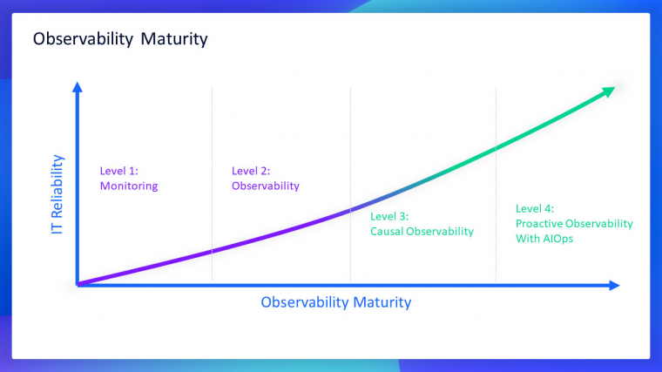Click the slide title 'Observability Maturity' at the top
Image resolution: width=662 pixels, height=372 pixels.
tap(120, 39)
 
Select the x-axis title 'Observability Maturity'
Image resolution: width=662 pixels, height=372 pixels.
tap(336, 302)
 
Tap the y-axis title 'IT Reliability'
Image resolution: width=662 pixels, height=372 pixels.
tap(57, 194)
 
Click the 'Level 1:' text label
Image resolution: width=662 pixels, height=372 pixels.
tap(119, 171)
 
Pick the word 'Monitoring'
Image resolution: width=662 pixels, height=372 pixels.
tap(129, 186)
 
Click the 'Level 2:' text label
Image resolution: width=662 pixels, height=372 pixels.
tap(251, 171)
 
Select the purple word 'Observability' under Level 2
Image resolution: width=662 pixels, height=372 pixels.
tap(266, 186)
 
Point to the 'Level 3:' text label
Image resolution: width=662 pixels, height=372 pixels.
tap(389, 217)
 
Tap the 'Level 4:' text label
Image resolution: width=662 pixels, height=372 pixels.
tap(535, 208)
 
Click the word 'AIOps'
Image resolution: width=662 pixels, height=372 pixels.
tap(558, 239)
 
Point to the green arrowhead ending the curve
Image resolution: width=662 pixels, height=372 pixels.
tap(608, 91)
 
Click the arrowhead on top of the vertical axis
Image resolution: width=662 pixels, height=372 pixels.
tap(78, 87)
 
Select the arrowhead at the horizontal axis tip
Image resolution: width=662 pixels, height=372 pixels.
tap(614, 286)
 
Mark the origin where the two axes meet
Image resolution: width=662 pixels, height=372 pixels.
tap(78, 285)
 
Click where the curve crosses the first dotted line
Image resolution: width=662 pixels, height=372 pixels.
tap(212, 251)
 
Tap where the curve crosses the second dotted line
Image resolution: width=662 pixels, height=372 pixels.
tap(350, 209)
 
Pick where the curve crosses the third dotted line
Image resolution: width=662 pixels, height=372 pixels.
tap(496, 148)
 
